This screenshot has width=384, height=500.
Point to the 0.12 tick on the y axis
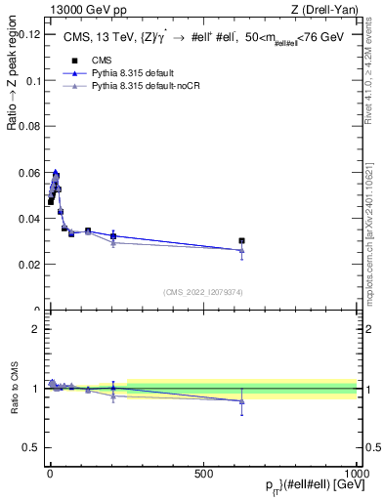coord(26,33)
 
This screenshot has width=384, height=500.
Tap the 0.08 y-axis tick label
coord(26,126)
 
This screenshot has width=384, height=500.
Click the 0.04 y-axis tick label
coord(26,218)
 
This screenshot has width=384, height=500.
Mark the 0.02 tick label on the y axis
coord(26,265)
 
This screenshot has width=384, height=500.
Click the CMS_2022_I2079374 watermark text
coord(202,292)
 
